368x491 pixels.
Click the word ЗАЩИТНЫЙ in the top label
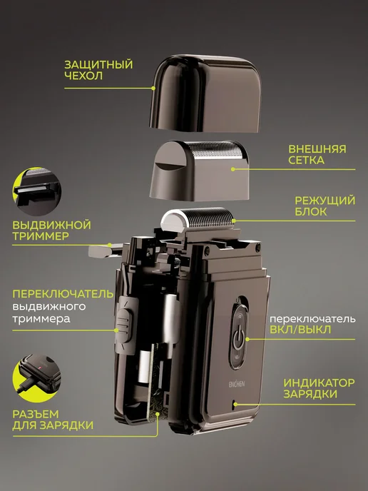pyautogui.click(x=98, y=64)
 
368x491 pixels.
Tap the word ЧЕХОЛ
pyautogui.click(x=83, y=76)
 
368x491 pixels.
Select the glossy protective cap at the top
pyautogui.click(x=205, y=93)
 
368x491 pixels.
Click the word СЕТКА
pyautogui.click(x=306, y=161)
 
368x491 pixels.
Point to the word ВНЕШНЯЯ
pyautogui.click(x=317, y=148)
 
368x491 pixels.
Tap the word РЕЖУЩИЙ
pyautogui.click(x=324, y=201)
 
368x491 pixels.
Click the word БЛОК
pyautogui.click(x=311, y=212)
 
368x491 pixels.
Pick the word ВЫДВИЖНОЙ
pyautogui.click(x=51, y=225)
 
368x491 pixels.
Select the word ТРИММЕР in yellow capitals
pyautogui.click(x=41, y=236)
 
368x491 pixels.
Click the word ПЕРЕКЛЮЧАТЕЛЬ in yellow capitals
pyautogui.click(x=63, y=294)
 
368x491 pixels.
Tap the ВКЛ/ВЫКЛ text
pyautogui.click(x=300, y=330)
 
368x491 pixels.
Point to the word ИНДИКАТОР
pyautogui.click(x=319, y=383)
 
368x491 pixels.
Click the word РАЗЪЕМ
pyautogui.click(x=36, y=414)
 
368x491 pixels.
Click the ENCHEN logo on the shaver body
pyautogui.click(x=237, y=384)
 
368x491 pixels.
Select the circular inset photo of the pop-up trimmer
pyautogui.click(x=37, y=191)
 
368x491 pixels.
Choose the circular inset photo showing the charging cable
pyautogui.click(x=37, y=378)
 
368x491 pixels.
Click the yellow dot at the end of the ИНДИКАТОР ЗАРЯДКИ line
pyautogui.click(x=235, y=404)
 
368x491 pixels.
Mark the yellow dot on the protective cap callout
pyautogui.click(x=153, y=88)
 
